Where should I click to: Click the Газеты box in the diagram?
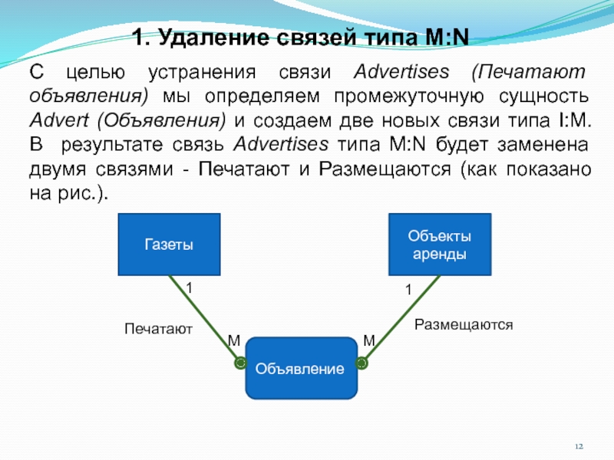(x=168, y=244)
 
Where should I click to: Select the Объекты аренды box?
(x=439, y=244)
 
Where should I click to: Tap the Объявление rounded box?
(x=301, y=369)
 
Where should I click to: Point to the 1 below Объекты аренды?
(x=408, y=290)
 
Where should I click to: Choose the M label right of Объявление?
(x=368, y=340)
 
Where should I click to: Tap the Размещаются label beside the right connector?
(x=463, y=325)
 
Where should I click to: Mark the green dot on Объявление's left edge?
(x=239, y=361)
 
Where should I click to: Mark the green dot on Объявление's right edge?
(x=363, y=361)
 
